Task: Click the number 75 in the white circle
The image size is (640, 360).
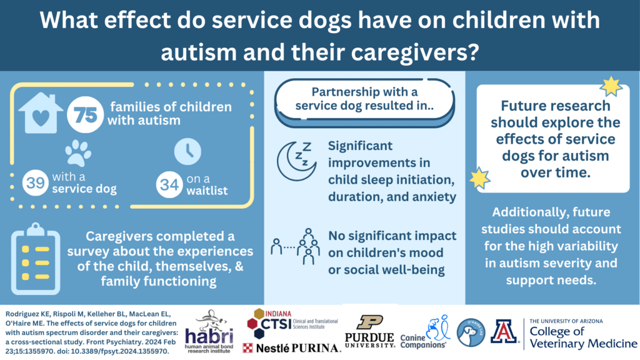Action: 85,115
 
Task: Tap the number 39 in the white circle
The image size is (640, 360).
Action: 36,183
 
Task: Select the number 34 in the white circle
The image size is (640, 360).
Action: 169,184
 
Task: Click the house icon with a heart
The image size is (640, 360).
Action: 41,113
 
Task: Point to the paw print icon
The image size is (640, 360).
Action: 78,153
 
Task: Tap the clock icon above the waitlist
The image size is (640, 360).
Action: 187,151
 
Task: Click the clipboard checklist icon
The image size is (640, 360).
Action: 36,259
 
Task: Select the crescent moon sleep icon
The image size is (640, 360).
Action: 296,161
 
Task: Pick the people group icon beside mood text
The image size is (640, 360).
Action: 296,246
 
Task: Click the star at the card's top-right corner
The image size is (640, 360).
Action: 611,86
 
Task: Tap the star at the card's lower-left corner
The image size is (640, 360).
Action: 479,178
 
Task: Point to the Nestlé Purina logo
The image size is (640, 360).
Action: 291,348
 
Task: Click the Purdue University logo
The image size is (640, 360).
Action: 370,331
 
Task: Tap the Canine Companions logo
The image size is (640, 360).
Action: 424,332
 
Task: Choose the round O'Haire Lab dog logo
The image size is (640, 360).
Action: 471,333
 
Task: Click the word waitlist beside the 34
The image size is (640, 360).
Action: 207,191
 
